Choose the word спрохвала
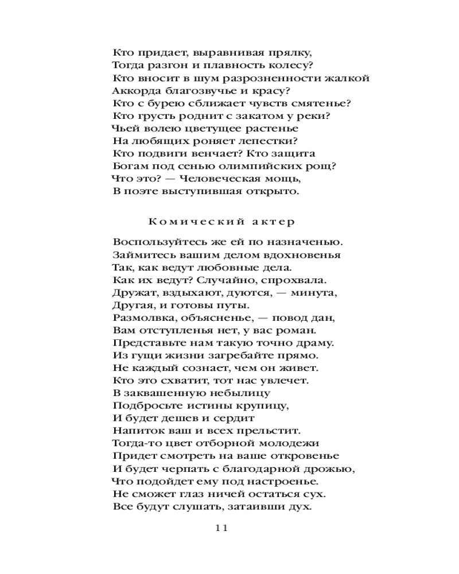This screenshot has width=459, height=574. tap(292, 280)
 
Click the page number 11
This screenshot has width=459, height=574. tap(221, 529)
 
